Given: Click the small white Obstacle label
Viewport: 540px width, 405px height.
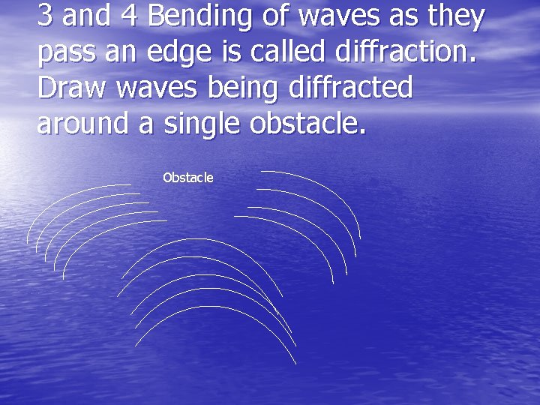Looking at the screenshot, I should click(x=188, y=178).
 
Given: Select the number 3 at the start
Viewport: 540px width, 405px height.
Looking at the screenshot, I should click(x=44, y=16).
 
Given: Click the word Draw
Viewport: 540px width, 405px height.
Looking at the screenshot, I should click(x=71, y=88).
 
